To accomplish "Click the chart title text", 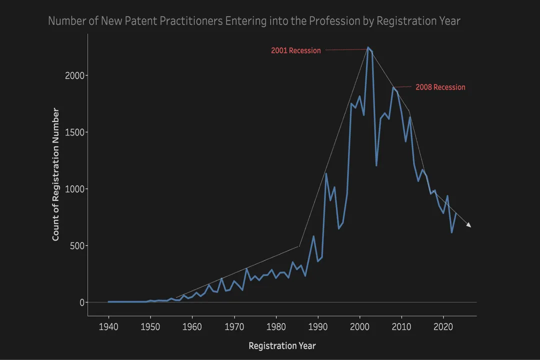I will (x=254, y=21).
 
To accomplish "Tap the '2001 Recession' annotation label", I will (x=296, y=50).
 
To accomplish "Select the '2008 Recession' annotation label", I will (x=440, y=87).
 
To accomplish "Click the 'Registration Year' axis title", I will (x=282, y=345).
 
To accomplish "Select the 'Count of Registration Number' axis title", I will (x=56, y=174).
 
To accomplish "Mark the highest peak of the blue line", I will (x=368, y=48).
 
